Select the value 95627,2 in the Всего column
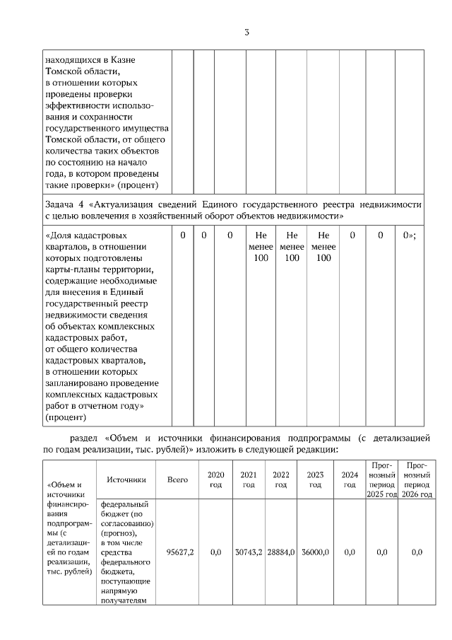pyautogui.click(x=180, y=552)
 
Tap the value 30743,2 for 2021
pyautogui.click(x=248, y=552)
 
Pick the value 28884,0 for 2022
pyautogui.click(x=280, y=552)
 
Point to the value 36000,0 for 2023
pyautogui.click(x=314, y=552)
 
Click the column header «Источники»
pyautogui.click(x=126, y=479)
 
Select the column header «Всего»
pyautogui.click(x=177, y=479)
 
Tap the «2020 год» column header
pyautogui.click(x=216, y=479)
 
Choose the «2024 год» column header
pyautogui.click(x=349, y=479)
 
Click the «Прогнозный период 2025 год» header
pyautogui.click(x=382, y=479)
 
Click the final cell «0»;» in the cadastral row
pyautogui.click(x=409, y=235)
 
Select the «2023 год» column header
pyautogui.click(x=314, y=479)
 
